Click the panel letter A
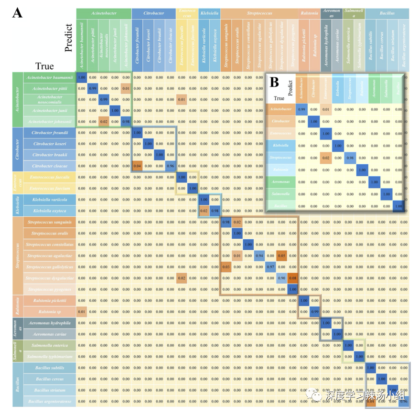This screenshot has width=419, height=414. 17,12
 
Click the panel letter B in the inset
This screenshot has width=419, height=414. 275,82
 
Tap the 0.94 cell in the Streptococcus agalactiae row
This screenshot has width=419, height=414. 259,255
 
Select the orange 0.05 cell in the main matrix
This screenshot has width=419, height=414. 282,255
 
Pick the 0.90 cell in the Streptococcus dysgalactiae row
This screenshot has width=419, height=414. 282,278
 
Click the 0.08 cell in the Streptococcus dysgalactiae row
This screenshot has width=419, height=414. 293,278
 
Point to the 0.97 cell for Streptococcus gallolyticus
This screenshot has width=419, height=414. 270,266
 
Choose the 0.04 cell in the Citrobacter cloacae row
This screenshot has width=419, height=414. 137,166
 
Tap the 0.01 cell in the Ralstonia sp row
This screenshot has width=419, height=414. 81,312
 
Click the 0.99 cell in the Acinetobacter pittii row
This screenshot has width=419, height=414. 93,88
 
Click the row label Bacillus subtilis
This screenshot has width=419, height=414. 49,368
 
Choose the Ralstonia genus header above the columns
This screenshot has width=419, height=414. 309,13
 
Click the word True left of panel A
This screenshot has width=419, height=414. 44,66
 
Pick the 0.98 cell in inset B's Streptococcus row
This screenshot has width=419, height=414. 350,158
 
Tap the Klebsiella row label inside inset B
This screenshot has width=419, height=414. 280,145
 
